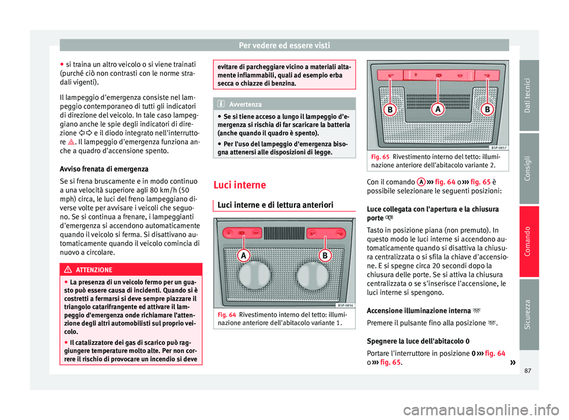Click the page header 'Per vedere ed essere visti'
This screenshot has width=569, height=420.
284,45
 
